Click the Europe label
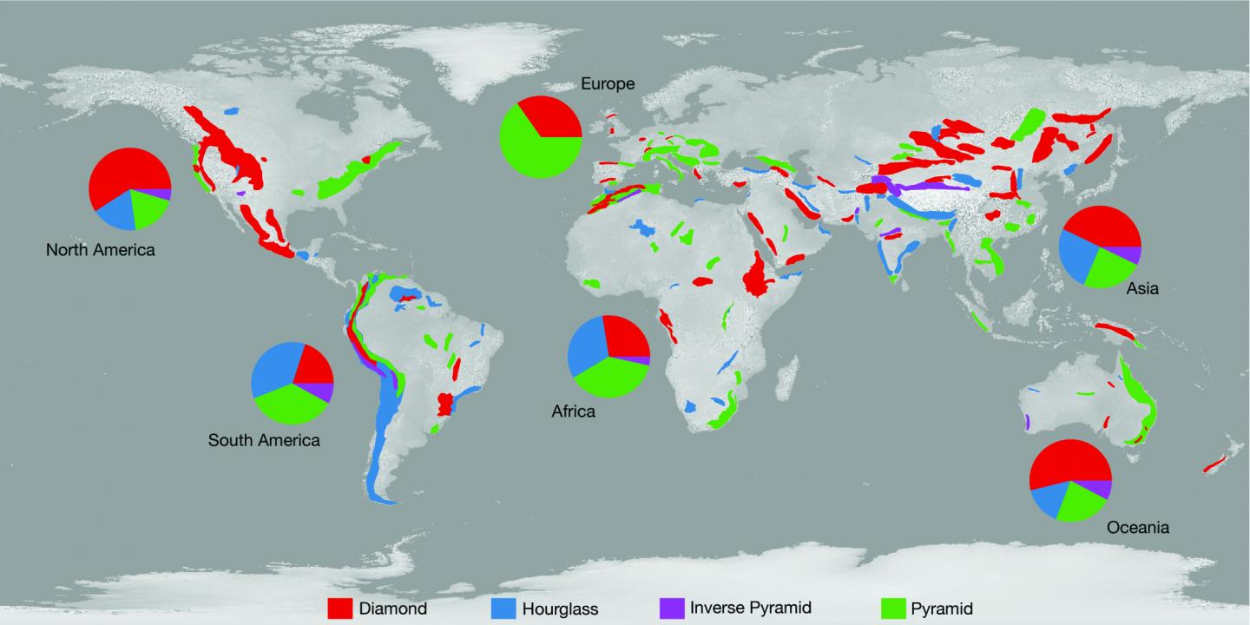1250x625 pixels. pos(608,84)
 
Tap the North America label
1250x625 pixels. pos(101,251)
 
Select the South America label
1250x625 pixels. pos(264,440)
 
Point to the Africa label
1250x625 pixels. pos(574,411)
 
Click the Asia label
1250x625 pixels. pos(1141,289)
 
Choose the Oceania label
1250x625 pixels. pos(1138,527)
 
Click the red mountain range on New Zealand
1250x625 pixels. pos(1217,462)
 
